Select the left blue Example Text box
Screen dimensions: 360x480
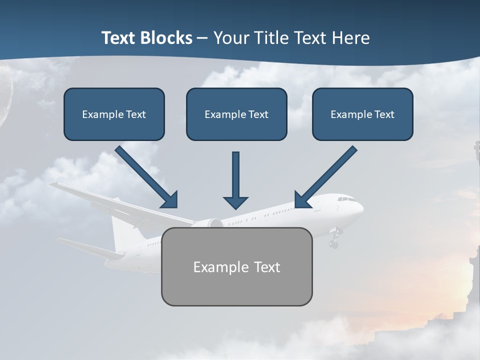(x=114, y=114)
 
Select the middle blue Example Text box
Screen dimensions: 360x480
(x=236, y=114)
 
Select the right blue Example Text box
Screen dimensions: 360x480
(x=362, y=114)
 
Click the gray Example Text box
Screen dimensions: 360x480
(x=236, y=266)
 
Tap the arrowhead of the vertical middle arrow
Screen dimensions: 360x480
(x=235, y=202)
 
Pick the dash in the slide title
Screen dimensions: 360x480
(x=202, y=38)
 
